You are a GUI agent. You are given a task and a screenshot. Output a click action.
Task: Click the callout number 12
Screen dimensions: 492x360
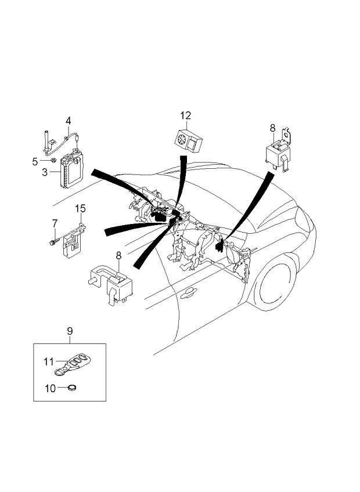coord(185,116)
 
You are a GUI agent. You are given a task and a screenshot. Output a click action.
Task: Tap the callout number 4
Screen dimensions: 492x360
coord(68,121)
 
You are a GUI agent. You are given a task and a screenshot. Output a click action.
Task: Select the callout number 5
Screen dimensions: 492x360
coord(34,160)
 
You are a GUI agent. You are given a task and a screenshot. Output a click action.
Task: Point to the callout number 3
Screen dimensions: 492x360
coord(44,172)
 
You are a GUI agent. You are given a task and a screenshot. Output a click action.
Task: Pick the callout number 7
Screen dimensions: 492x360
coord(55,223)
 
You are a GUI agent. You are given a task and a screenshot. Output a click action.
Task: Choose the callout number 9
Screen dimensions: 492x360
coord(69,331)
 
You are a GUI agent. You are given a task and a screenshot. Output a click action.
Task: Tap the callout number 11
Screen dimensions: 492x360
coord(48,361)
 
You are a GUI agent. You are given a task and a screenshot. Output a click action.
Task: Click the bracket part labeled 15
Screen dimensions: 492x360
coord(74,238)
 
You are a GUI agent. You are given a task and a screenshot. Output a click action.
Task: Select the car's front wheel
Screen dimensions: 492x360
coord(278,284)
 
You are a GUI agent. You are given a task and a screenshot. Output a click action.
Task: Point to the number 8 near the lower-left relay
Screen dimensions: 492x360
coord(118,255)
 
